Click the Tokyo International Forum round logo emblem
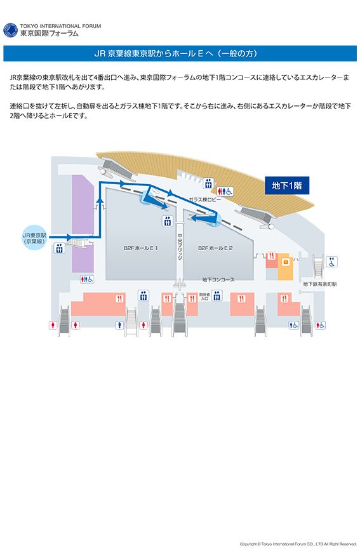click(x=10, y=30)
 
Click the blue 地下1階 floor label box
click(x=287, y=185)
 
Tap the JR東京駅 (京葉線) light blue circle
click(x=34, y=237)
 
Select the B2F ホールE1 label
click(x=140, y=248)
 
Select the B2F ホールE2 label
click(x=215, y=248)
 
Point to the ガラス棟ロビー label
click(x=204, y=199)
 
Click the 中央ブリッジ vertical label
click(x=180, y=246)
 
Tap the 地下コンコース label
click(x=218, y=279)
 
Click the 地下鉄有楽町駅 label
click(x=319, y=284)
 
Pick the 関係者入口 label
click(x=204, y=297)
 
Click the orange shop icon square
click(x=285, y=262)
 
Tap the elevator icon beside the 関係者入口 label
click(x=217, y=295)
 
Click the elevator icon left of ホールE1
click(x=60, y=248)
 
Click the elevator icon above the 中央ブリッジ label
click(x=168, y=221)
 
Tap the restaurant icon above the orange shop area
click(x=272, y=255)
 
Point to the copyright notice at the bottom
click(x=298, y=544)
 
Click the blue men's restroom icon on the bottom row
click(x=119, y=324)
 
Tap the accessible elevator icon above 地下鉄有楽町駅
click(x=331, y=262)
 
